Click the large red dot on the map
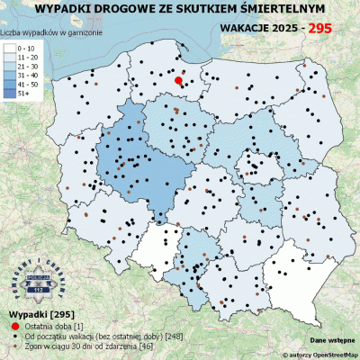pos(178,81)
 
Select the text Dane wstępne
pos(330,341)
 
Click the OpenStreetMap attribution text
pos(310,355)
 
